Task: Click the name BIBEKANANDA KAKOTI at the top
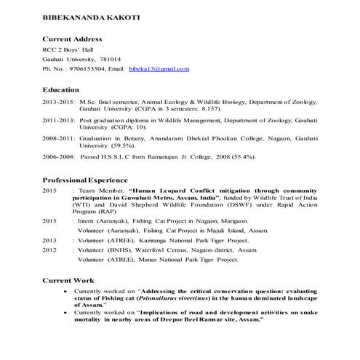pos(82,16)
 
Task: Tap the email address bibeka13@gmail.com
pos(159,68)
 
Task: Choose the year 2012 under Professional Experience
pos(49,249)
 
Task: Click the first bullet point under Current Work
pos(66,289)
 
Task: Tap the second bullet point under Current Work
pos(66,311)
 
